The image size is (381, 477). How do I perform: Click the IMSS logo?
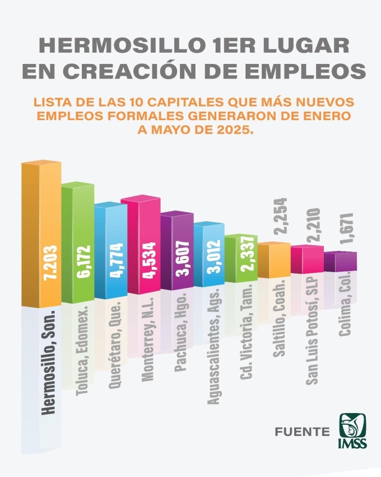pyautogui.click(x=352, y=432)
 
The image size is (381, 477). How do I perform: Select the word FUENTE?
pyautogui.click(x=302, y=432)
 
